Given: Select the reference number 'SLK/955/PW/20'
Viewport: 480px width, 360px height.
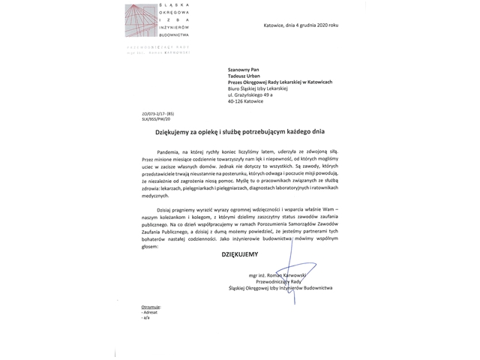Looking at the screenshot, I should (146, 118).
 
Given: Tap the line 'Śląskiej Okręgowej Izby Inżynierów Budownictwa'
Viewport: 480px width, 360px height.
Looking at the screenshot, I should (278, 288).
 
